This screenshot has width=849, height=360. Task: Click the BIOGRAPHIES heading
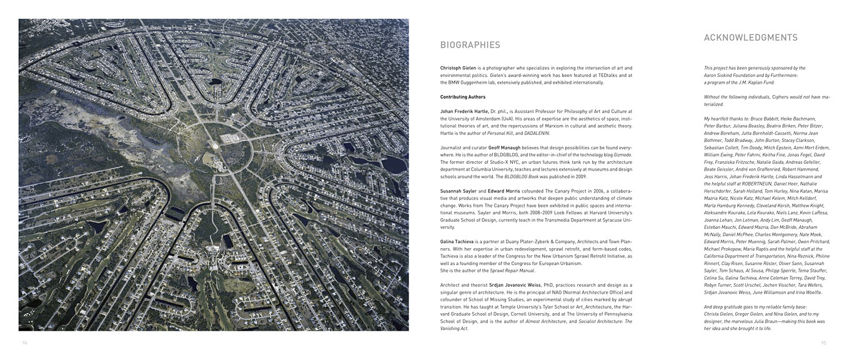470,45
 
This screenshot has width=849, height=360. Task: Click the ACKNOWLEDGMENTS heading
750,37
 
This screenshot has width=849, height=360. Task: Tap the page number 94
25,342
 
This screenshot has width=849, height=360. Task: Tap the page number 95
823,342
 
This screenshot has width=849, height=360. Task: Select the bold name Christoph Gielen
461,67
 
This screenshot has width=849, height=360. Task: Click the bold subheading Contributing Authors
463,97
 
